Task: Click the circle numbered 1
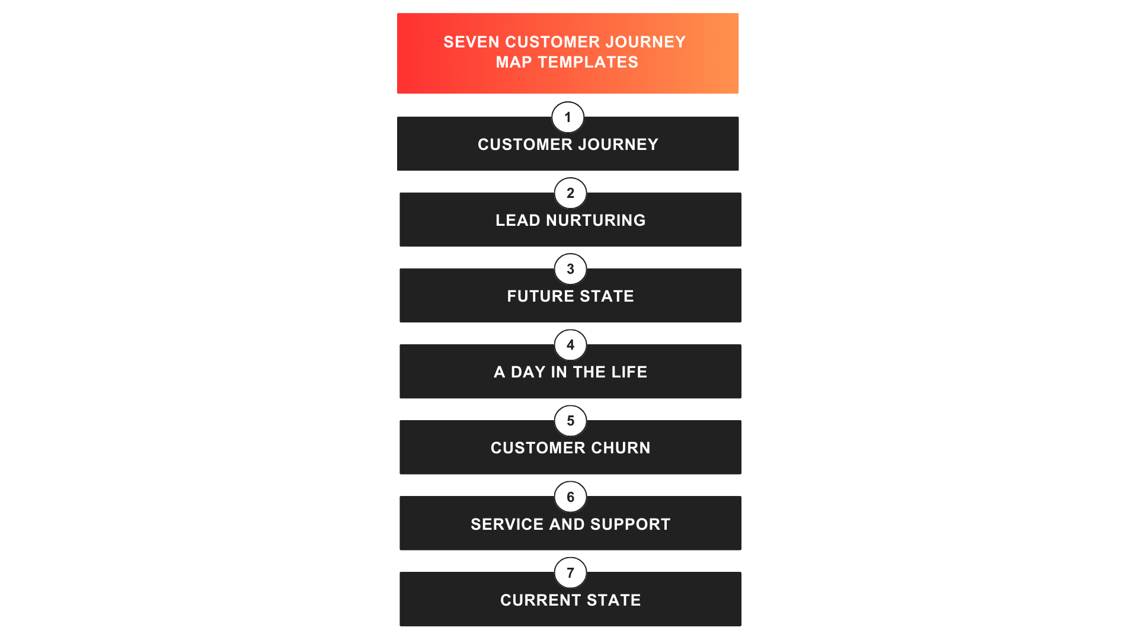(x=568, y=117)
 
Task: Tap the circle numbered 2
(x=570, y=193)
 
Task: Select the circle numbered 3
(x=570, y=269)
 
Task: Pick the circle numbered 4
(x=570, y=345)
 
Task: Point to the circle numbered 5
(x=570, y=421)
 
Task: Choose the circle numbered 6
(x=570, y=497)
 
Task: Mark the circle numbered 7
(x=570, y=572)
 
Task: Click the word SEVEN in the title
(x=472, y=42)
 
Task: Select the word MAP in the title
(x=513, y=62)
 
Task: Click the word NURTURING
(x=596, y=220)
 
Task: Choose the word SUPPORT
(x=630, y=524)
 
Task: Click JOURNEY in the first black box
(x=618, y=145)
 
